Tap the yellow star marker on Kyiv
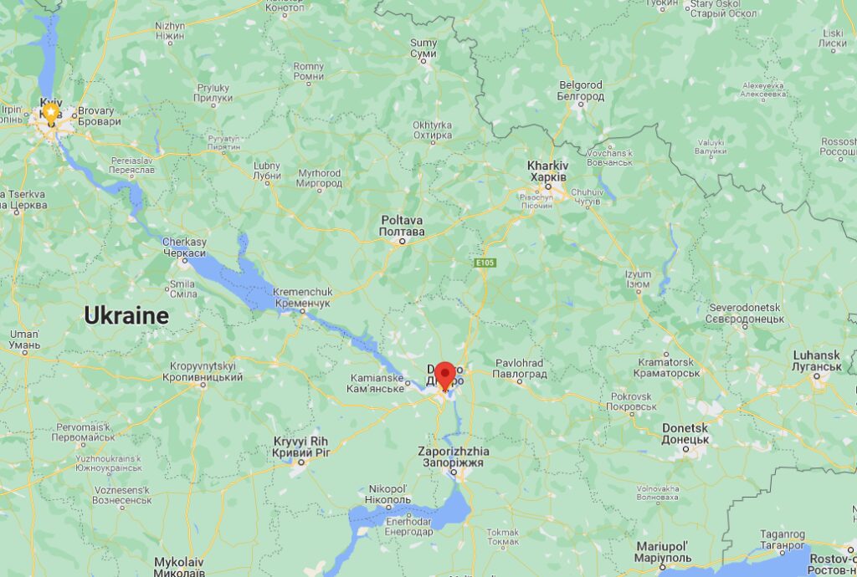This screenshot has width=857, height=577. [x=51, y=111]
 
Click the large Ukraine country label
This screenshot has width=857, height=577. [x=126, y=315]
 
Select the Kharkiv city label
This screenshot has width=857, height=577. [x=547, y=171]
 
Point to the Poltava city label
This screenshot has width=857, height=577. [x=402, y=225]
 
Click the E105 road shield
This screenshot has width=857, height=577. [x=485, y=263]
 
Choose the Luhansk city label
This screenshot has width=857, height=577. [x=817, y=360]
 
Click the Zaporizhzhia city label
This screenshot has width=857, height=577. [x=454, y=457]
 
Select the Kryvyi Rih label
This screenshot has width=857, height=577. [x=301, y=447]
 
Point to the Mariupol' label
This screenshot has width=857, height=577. [x=662, y=551]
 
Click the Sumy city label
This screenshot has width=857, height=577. [x=423, y=49]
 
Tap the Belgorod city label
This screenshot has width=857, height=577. [x=581, y=90]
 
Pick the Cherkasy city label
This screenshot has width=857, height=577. [x=184, y=248]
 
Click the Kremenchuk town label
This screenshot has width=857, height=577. [x=302, y=297]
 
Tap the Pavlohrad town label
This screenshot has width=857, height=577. [x=519, y=369]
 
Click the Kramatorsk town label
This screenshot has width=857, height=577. [x=667, y=367]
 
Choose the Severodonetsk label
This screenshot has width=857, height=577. [x=745, y=313]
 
